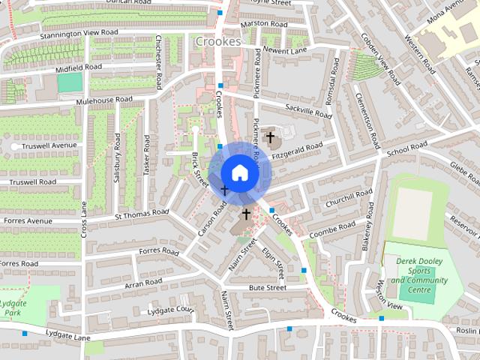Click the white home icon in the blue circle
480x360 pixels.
(x=239, y=172)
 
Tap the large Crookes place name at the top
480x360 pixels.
(x=217, y=42)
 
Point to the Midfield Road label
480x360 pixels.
(x=73, y=67)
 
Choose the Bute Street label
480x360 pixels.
(x=268, y=287)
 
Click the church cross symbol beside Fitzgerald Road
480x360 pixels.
(x=270, y=137)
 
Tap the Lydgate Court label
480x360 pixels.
(x=171, y=309)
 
